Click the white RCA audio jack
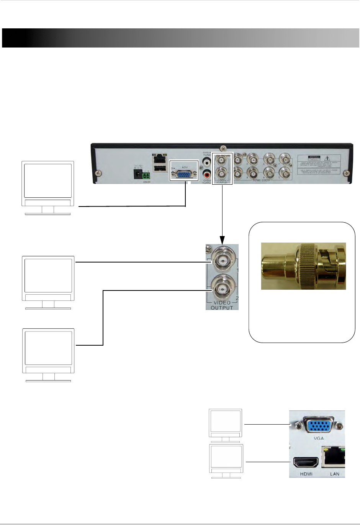tap(207, 162)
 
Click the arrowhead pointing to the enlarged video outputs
tap(222, 240)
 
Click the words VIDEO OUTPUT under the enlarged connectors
tap(222, 305)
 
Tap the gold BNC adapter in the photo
tap(303, 266)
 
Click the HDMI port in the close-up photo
tap(305, 463)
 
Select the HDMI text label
tap(306, 474)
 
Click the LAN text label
tap(334, 474)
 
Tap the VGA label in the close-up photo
tap(318, 438)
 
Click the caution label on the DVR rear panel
tap(319, 165)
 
